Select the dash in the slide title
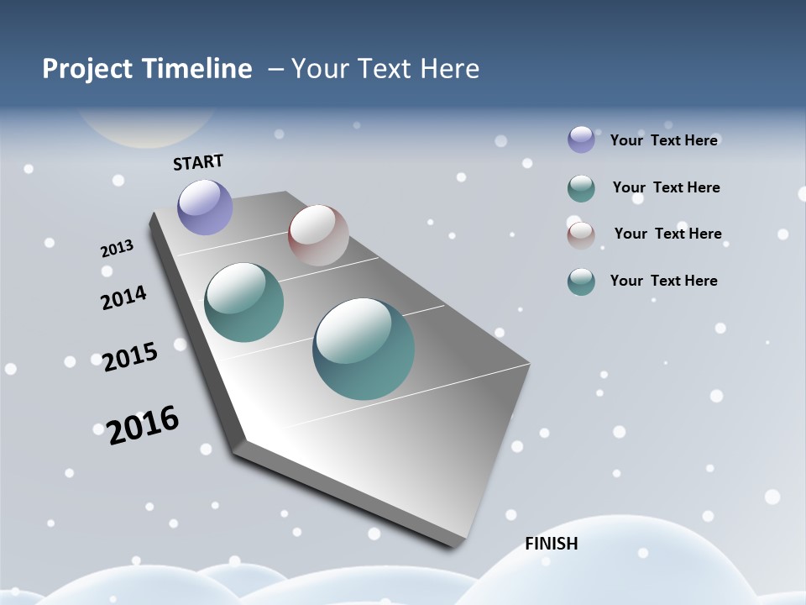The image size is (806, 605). [x=276, y=69]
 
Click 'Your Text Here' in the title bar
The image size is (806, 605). [x=385, y=69]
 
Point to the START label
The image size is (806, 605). [x=198, y=162]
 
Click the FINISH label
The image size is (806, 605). [x=552, y=544]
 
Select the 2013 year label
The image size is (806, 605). [x=117, y=249]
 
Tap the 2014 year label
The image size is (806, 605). [x=123, y=297]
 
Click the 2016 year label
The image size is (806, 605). [x=143, y=424]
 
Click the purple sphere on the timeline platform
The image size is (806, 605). [x=205, y=207]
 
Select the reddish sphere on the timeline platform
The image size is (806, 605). [x=318, y=235]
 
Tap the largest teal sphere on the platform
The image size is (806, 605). [x=364, y=348]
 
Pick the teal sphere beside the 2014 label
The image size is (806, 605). [x=244, y=302]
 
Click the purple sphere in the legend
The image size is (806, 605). [x=581, y=139]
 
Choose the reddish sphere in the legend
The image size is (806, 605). [x=581, y=234]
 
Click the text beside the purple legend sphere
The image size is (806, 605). [x=663, y=140]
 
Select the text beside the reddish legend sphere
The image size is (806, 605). [x=667, y=234]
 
